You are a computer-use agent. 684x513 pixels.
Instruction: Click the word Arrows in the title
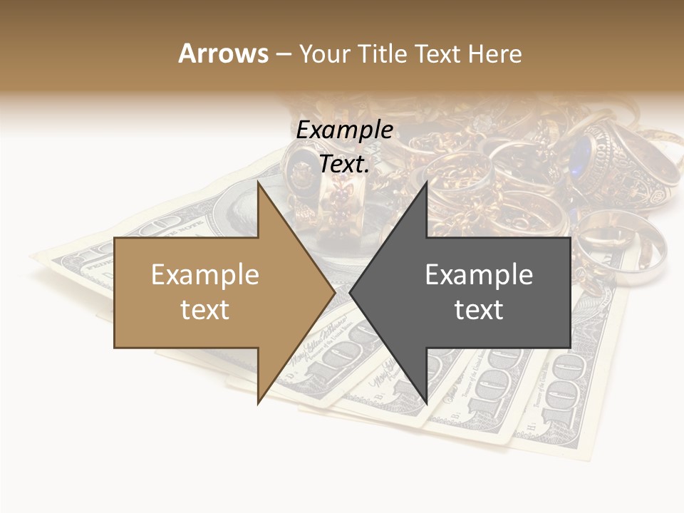pyautogui.click(x=223, y=53)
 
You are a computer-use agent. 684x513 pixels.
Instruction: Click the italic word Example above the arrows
pyautogui.click(x=344, y=130)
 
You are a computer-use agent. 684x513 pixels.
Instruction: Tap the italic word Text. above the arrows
pyautogui.click(x=344, y=164)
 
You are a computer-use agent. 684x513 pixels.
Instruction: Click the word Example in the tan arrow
pyautogui.click(x=204, y=275)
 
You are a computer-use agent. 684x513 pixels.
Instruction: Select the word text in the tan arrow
pyautogui.click(x=204, y=310)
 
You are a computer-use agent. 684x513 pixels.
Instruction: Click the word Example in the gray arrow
pyautogui.click(x=479, y=275)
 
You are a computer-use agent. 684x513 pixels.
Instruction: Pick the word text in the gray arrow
pyautogui.click(x=479, y=310)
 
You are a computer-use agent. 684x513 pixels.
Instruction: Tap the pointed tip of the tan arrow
pyautogui.click(x=335, y=292)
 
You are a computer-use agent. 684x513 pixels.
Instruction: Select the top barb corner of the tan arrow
pyautogui.click(x=258, y=182)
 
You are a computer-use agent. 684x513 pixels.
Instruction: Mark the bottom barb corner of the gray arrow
pyautogui.click(x=426, y=403)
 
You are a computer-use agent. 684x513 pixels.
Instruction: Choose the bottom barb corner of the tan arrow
pyautogui.click(x=258, y=403)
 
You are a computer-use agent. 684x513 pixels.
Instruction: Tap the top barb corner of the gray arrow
pyautogui.click(x=426, y=182)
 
